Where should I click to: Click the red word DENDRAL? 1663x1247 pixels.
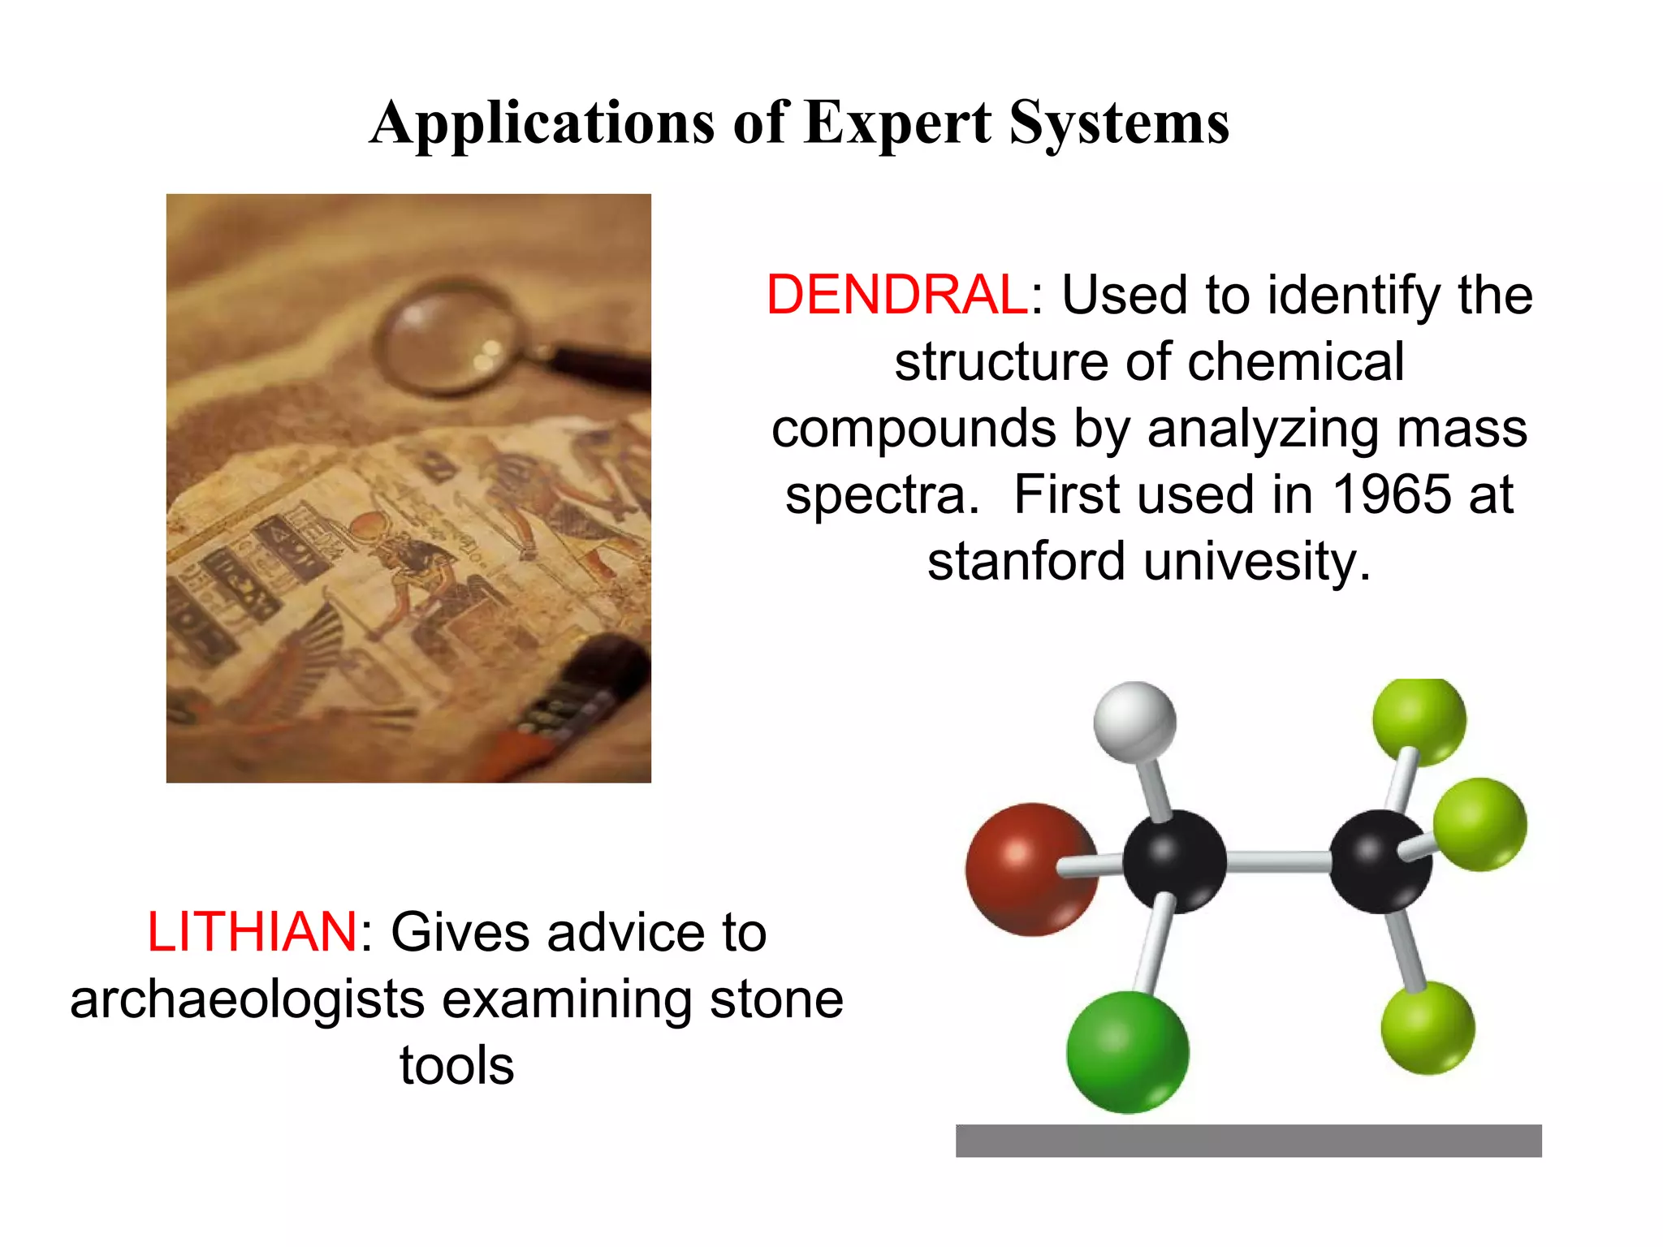tap(897, 294)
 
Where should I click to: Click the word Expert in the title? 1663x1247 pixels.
tap(897, 123)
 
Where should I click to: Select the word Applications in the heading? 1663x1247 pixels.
tap(542, 123)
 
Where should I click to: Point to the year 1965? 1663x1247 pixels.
tap(1392, 494)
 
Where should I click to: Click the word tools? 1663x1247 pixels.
tap(456, 1065)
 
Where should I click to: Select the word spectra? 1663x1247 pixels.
tap(882, 494)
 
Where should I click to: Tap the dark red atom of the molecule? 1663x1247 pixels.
tap(1030, 869)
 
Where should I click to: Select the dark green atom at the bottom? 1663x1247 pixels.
tap(1127, 1051)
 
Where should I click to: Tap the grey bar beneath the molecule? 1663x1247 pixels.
tap(1248, 1141)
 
